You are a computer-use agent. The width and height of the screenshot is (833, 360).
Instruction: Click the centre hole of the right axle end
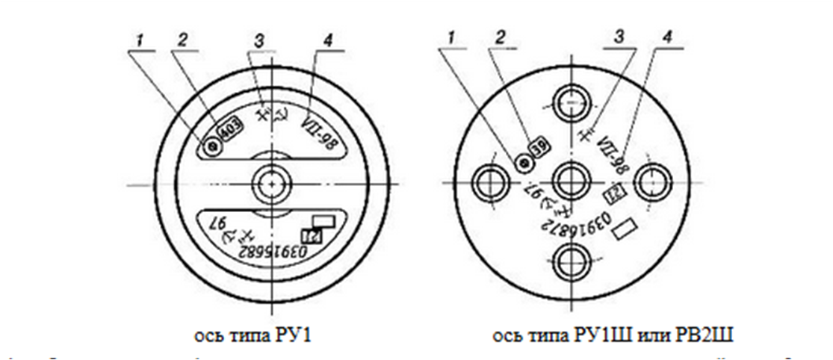573,181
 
